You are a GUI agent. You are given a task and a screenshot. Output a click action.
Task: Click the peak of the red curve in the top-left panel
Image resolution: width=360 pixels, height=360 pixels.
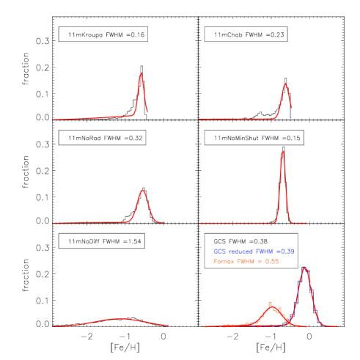pos(141,73)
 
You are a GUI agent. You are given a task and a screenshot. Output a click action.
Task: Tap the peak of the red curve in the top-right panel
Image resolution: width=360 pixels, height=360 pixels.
pos(285,84)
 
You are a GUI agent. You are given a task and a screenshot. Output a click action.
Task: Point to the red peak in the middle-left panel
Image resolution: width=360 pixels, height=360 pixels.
pos(142,191)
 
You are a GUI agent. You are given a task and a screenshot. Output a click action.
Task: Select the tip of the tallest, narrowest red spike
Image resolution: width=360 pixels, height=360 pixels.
pos(282,152)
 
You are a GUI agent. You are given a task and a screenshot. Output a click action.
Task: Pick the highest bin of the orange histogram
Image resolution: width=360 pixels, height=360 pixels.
pos(270,302)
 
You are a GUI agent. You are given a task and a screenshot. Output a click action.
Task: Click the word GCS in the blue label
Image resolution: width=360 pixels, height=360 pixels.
pos(219,251)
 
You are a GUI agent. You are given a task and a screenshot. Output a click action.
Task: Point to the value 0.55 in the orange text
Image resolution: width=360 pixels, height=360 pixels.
pos(271,261)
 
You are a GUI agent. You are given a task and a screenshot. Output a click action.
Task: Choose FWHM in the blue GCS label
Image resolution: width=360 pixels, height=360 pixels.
pos(265,251)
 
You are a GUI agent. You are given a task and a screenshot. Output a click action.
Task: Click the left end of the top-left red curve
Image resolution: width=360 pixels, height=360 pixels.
pos(53,119)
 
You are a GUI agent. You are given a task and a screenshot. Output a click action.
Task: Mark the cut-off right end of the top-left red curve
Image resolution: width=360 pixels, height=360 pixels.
pos(147,111)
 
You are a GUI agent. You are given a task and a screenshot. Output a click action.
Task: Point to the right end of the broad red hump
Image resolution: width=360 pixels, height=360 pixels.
pos(169,326)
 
